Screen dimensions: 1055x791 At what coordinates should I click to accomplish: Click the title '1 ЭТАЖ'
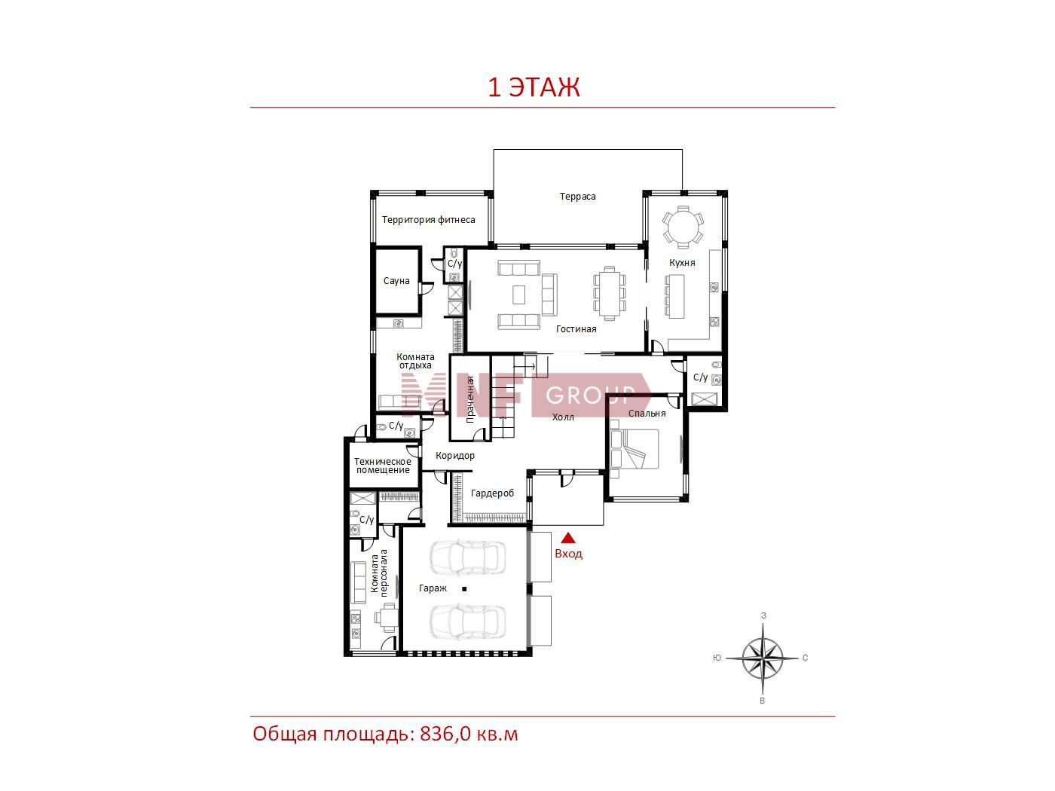point(534,87)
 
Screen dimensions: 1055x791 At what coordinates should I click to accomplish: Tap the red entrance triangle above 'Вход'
point(568,537)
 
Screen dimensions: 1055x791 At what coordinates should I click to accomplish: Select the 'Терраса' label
point(577,196)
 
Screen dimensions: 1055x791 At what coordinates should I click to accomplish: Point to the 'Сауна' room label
point(396,280)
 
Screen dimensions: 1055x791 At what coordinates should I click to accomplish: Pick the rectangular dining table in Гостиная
point(610,293)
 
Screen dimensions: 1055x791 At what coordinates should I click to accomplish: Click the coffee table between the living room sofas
point(518,295)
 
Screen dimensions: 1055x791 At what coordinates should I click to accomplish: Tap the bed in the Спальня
point(634,448)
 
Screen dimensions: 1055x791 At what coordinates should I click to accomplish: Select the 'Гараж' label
point(433,588)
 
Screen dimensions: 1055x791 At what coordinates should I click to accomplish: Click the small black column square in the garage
point(464,589)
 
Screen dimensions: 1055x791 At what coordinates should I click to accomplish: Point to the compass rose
point(763,658)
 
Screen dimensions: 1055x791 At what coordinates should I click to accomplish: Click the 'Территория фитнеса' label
point(428,219)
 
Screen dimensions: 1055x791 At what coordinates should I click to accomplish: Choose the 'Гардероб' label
point(492,493)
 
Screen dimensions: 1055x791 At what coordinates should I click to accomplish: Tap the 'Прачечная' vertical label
point(470,399)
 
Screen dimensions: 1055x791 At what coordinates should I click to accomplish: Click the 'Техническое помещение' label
point(383,466)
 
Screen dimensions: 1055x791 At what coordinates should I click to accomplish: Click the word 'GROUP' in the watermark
point(590,395)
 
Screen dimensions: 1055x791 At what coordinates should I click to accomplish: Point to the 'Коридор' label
point(454,455)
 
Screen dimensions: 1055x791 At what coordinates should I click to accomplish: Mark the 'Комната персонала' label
point(379,573)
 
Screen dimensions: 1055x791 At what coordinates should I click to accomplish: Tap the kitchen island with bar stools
point(674,296)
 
